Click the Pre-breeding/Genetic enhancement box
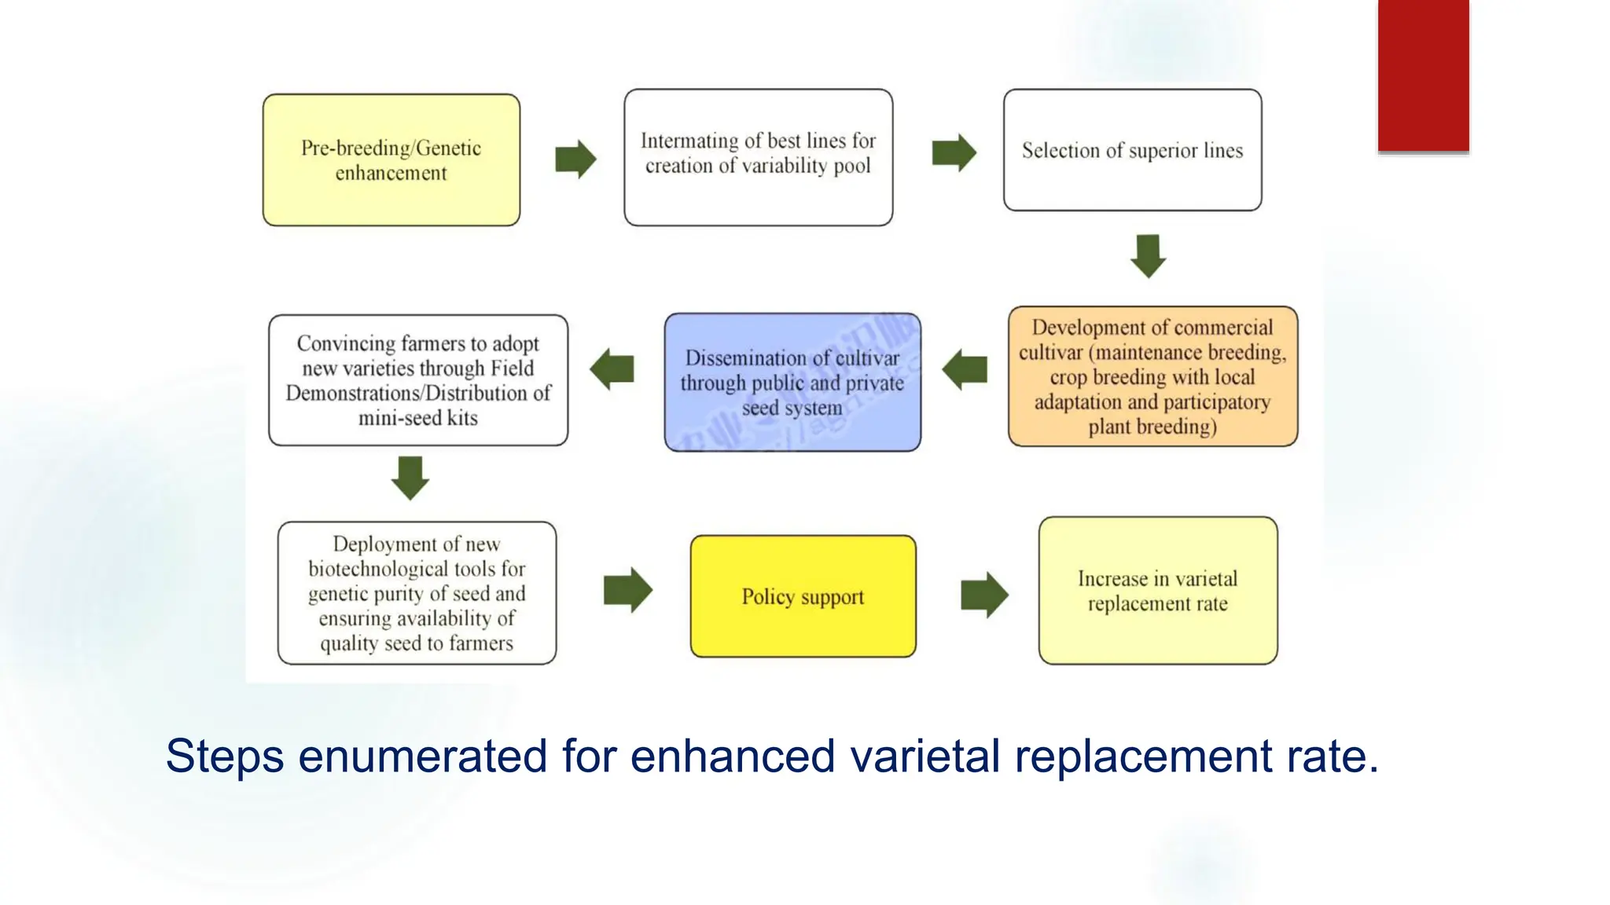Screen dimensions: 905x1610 click(x=391, y=160)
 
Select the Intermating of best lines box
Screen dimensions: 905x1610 click(x=758, y=157)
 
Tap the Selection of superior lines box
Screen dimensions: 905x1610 click(x=1132, y=150)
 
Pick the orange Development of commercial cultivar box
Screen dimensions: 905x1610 click(x=1152, y=376)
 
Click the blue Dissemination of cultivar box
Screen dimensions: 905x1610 click(x=792, y=383)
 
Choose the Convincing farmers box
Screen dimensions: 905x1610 click(x=417, y=380)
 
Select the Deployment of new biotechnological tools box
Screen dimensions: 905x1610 click(x=417, y=593)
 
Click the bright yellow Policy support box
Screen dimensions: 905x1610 click(x=803, y=596)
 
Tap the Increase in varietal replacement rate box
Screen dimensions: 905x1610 click(x=1157, y=591)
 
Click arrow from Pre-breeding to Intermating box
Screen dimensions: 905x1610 click(x=575, y=159)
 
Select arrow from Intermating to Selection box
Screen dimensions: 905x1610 click(x=954, y=152)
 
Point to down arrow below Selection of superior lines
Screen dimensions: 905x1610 click(x=1148, y=255)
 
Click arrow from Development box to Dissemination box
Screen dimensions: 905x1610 click(x=965, y=369)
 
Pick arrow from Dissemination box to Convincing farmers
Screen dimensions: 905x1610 click(x=612, y=369)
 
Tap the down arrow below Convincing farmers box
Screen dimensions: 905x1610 click(x=410, y=477)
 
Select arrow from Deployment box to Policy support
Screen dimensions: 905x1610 click(x=627, y=590)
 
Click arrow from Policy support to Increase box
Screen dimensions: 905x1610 click(x=984, y=594)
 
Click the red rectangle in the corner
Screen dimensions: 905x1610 click(x=1423, y=75)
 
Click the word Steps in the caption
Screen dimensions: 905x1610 click(x=225, y=756)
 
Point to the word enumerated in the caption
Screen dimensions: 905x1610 click(x=422, y=756)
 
